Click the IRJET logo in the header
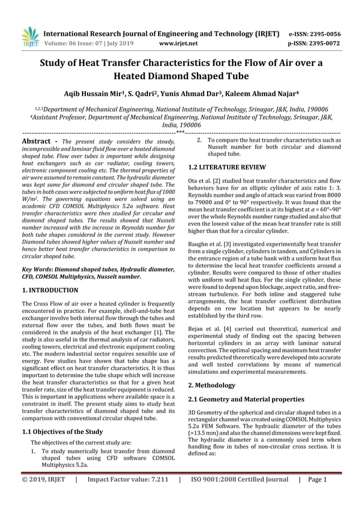[29, 36]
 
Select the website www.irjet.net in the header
[179, 43]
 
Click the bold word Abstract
[38, 142]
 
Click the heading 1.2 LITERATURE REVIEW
[226, 167]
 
